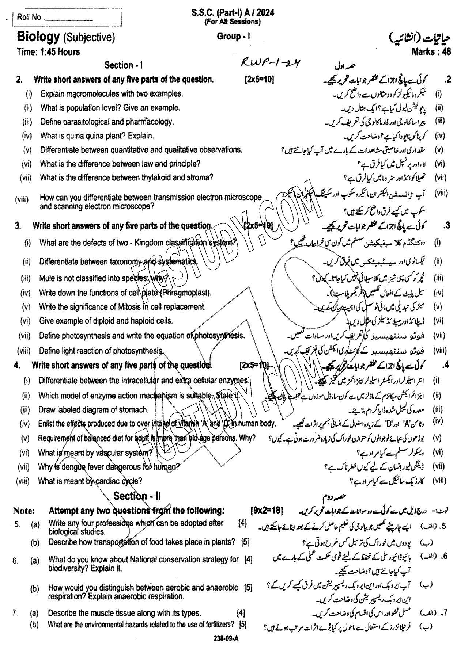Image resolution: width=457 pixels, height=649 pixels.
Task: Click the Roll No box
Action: click(x=67, y=17)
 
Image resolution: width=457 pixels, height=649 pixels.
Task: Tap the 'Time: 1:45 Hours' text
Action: click(x=48, y=52)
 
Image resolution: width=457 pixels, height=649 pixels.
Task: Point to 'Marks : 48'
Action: click(x=431, y=52)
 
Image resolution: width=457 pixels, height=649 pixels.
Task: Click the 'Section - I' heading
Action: click(x=123, y=65)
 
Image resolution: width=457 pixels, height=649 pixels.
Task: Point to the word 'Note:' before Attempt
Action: click(x=24, y=510)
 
